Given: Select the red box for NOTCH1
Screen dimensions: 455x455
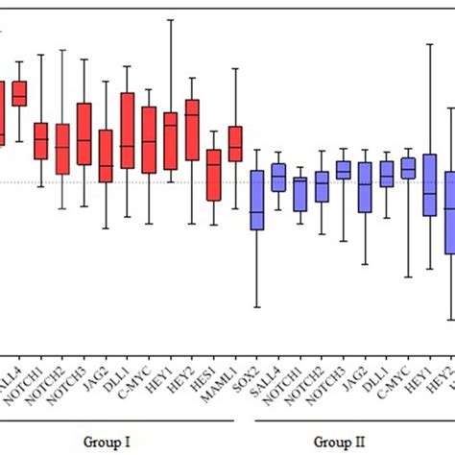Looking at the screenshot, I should point(40,141).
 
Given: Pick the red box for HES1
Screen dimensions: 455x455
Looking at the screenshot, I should point(213,175).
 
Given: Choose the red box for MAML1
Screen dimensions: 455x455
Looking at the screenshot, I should point(235,144).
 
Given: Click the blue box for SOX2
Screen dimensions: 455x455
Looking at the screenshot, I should point(256,200).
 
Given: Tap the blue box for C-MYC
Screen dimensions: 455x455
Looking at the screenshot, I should point(408,168).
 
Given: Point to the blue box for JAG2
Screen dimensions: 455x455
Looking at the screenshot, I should point(365,186).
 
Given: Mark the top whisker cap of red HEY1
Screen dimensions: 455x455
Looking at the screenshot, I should point(171,19).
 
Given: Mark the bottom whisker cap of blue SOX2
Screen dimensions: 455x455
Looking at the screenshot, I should point(256,307).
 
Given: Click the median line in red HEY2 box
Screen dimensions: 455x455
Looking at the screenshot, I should point(192,115).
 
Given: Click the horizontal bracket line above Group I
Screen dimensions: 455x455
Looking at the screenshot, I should point(115,419).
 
